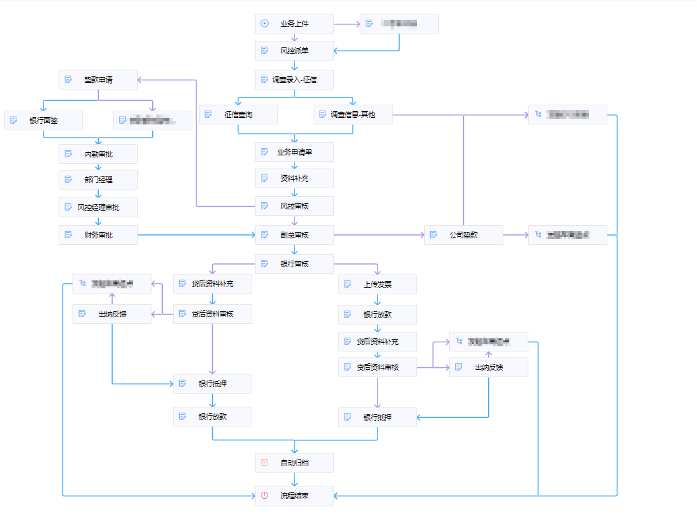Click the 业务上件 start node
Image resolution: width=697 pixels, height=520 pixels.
tap(294, 24)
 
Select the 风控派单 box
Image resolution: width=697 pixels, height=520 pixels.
tap(294, 51)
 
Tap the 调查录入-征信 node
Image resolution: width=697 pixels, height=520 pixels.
tap(294, 80)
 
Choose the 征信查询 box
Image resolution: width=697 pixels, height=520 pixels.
tap(238, 115)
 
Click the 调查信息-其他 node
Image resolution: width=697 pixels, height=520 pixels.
tap(352, 115)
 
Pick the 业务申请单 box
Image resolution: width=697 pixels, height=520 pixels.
tap(294, 152)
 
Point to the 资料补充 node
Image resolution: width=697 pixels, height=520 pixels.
tap(294, 178)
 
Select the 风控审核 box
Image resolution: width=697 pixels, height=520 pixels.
tap(294, 206)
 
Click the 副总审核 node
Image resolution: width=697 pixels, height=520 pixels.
tap(294, 235)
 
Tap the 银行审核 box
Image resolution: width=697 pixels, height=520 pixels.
tap(294, 264)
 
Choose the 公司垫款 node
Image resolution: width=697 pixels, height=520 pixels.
tap(463, 235)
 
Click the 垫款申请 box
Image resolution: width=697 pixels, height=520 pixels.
tap(98, 80)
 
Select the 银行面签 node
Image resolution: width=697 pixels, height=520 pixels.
tap(43, 120)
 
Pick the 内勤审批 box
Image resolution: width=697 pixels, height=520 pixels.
tap(98, 154)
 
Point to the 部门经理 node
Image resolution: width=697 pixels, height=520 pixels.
tap(98, 180)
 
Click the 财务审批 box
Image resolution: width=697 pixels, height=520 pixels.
tap(98, 235)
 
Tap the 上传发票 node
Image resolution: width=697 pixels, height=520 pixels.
tap(377, 284)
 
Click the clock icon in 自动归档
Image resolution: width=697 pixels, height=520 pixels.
tap(264, 463)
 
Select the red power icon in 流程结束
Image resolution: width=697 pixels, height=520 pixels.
tap(264, 496)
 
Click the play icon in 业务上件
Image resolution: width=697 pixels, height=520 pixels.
tap(264, 24)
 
